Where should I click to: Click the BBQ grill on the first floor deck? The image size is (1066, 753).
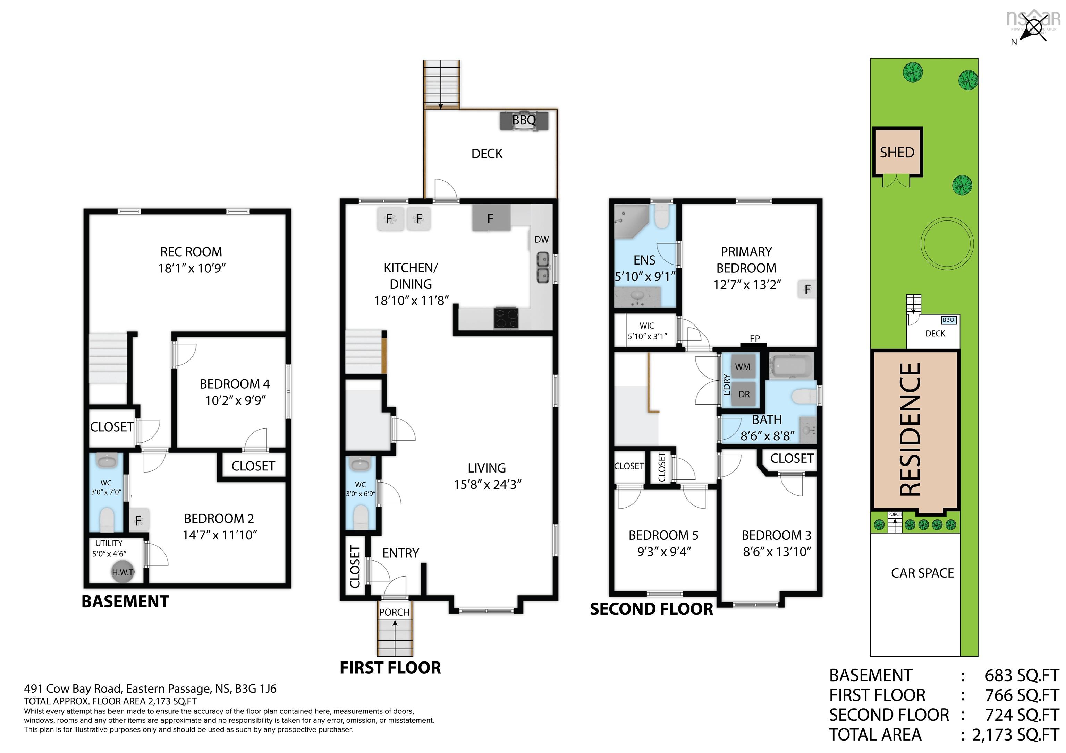pos(524,121)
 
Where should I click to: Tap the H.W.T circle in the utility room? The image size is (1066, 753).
pos(122,572)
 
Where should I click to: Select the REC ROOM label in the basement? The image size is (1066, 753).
pos(191,252)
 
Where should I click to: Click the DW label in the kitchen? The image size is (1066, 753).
pos(541,240)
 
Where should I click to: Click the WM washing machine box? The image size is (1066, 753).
pos(742,366)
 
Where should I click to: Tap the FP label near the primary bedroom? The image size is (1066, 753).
pos(754,339)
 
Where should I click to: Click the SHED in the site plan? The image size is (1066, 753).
pos(897,152)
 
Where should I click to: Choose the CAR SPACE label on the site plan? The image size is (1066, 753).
pos(922,573)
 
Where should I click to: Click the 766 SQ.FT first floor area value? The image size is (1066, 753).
pos(1022,695)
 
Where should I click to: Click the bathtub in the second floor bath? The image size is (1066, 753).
pos(791,366)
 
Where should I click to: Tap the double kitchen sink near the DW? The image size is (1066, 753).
pos(543,268)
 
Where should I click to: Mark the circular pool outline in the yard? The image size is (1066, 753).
pos(947,242)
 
